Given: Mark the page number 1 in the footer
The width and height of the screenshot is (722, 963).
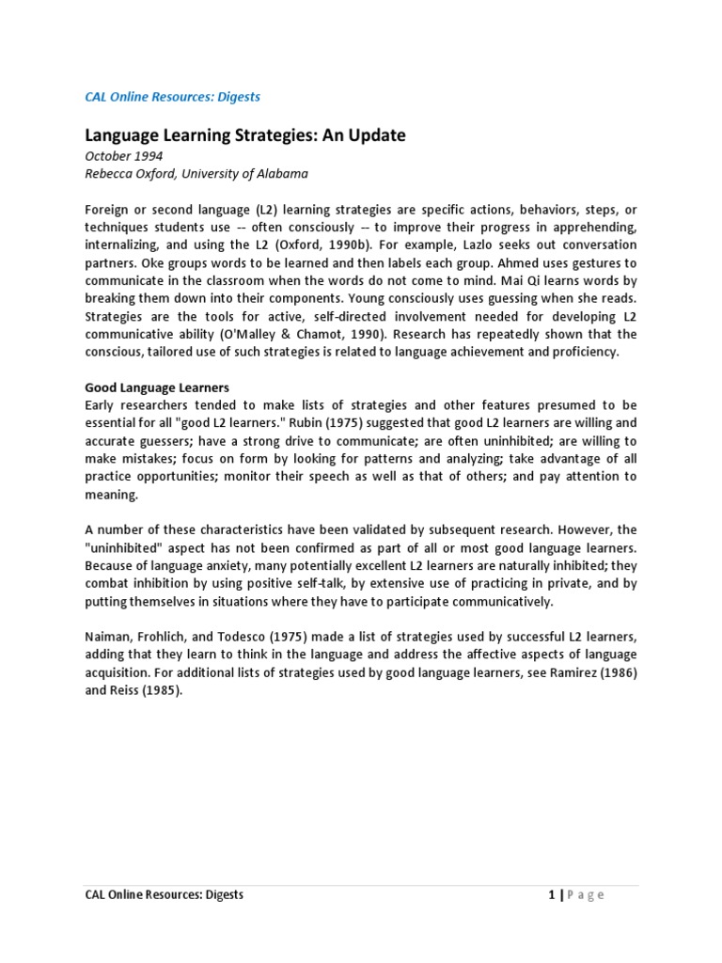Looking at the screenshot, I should pyautogui.click(x=551, y=894).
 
